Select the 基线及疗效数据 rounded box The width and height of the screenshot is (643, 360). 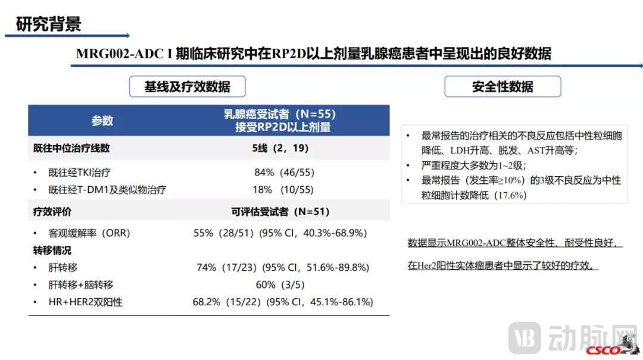point(187,87)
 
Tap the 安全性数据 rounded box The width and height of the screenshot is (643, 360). point(502,87)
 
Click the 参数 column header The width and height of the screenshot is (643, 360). point(102,121)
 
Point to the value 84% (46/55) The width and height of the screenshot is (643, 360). point(284,173)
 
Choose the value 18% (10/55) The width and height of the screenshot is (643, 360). point(284,190)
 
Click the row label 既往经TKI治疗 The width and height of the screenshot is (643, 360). point(79,173)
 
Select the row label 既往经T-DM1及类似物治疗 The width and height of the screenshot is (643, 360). point(107,190)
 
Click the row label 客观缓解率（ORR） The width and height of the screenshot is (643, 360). point(89,233)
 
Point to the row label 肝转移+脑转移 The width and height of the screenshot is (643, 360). point(81,285)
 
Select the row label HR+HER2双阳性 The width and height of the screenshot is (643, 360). point(86,302)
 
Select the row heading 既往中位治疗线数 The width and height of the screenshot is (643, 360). point(71,148)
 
